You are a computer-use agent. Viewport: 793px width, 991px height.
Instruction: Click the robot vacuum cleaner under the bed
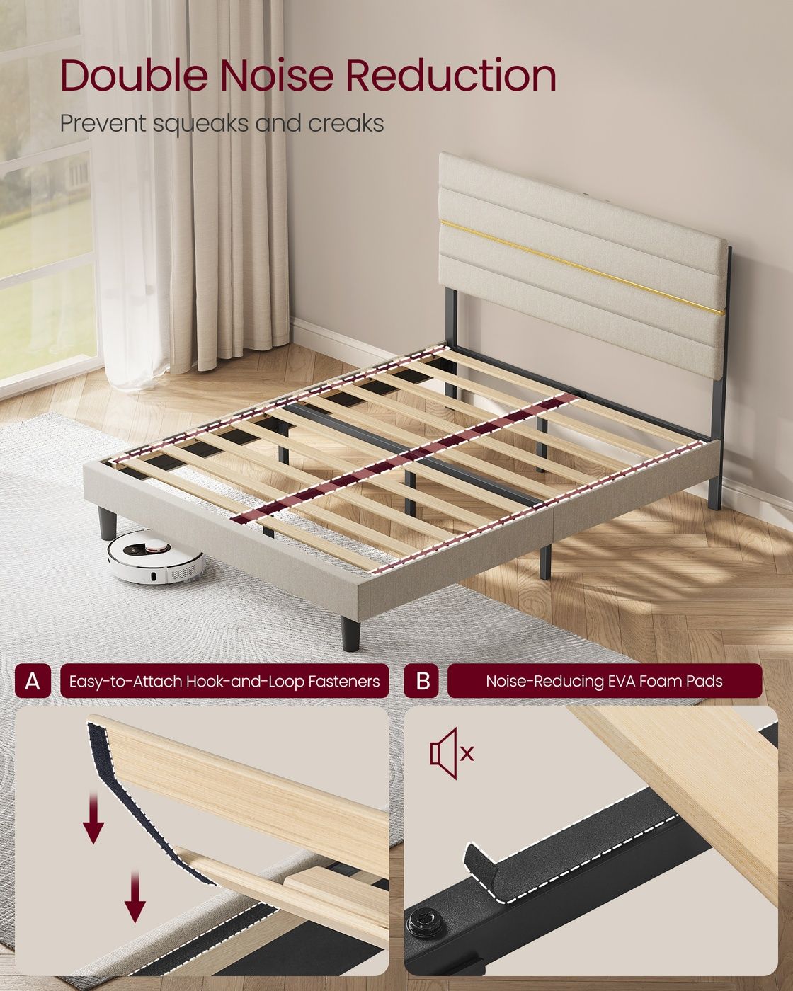pos(156,556)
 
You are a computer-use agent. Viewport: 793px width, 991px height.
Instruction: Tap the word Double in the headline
pos(134,76)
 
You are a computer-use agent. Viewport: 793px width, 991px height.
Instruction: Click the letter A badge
pos(33,681)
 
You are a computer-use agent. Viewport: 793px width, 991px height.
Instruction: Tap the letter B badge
pos(422,681)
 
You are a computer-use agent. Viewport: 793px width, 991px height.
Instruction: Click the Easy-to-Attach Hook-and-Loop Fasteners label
pos(224,681)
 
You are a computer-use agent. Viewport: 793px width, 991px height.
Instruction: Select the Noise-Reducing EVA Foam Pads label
pos(605,681)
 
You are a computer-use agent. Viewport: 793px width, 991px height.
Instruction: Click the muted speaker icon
pos(452,754)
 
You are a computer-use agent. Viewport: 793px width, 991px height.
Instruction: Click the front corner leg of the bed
pos(350,634)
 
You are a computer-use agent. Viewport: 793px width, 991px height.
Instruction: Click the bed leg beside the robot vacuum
pos(108,523)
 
